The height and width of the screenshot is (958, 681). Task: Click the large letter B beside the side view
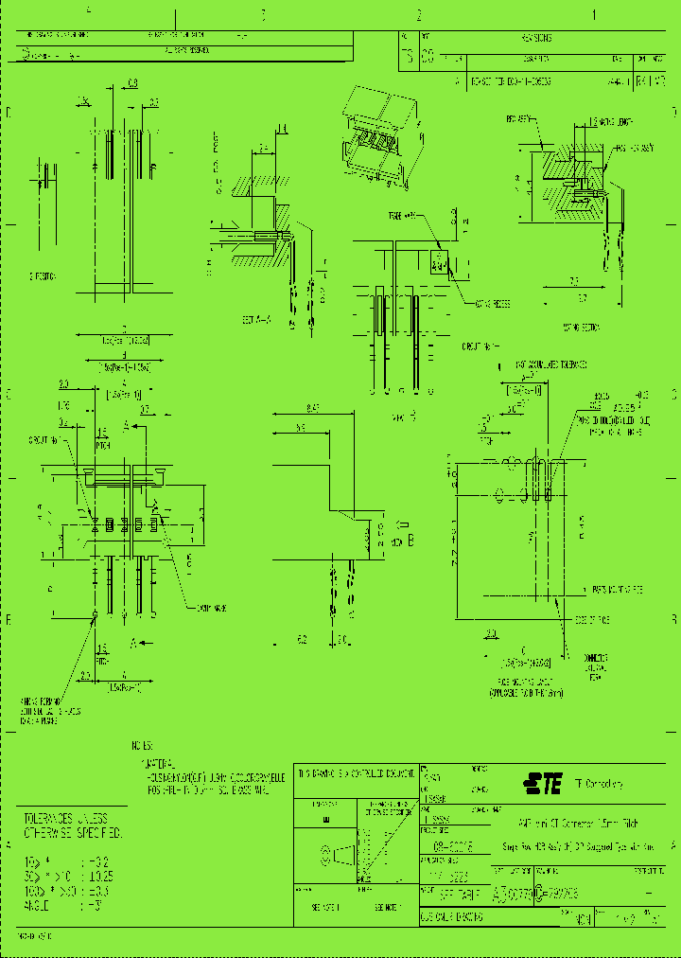(x=411, y=541)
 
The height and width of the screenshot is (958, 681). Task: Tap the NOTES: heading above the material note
(x=142, y=745)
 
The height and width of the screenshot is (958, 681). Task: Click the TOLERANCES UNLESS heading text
(x=66, y=817)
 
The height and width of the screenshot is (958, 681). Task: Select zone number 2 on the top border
(x=417, y=15)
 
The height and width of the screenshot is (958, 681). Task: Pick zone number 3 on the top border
(x=263, y=15)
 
